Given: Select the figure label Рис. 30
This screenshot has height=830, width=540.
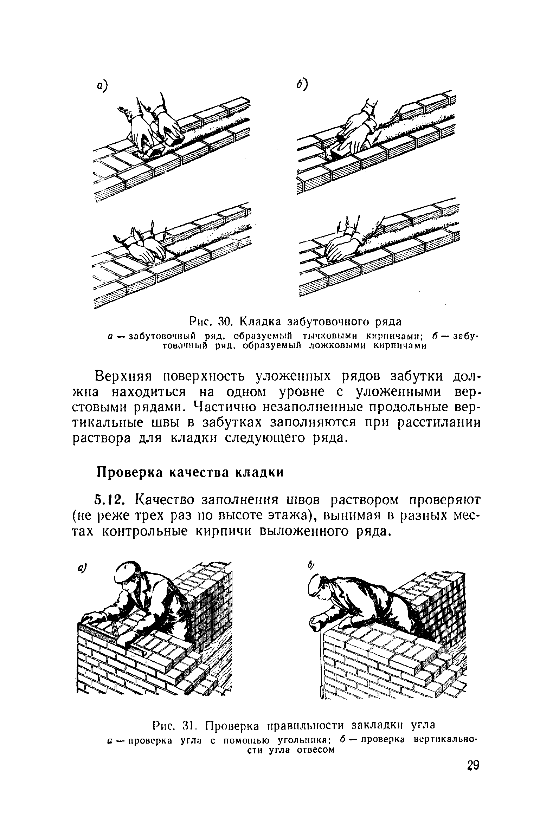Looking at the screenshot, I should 210,321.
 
